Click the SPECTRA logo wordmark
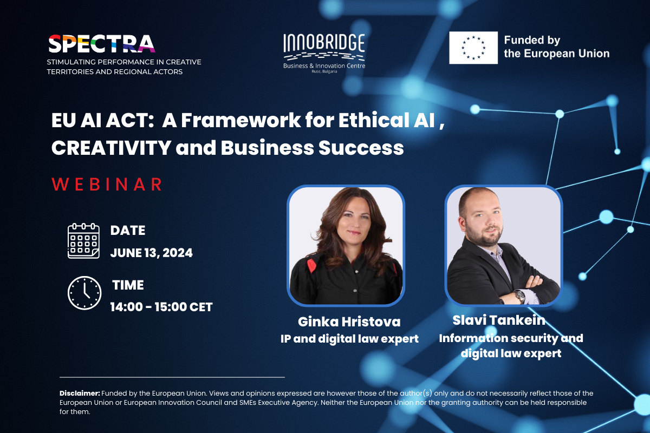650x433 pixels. pyautogui.click(x=102, y=44)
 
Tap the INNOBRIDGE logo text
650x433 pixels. pyautogui.click(x=324, y=43)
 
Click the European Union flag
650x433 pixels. pyautogui.click(x=473, y=48)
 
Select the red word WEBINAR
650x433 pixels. pyautogui.click(x=107, y=184)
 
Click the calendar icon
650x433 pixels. pyautogui.click(x=83, y=241)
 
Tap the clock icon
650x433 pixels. pyautogui.click(x=84, y=293)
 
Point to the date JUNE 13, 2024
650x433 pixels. pyautogui.click(x=151, y=253)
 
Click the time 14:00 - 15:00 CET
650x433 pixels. pyautogui.click(x=161, y=307)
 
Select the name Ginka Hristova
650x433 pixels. pyautogui.click(x=349, y=322)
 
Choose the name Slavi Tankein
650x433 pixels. pyautogui.click(x=499, y=320)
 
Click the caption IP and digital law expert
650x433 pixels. pyautogui.click(x=349, y=339)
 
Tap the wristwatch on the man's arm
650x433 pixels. pyautogui.click(x=521, y=297)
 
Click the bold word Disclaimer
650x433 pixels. pyautogui.click(x=80, y=393)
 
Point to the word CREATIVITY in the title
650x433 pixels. pyautogui.click(x=111, y=148)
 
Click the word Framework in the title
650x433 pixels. pyautogui.click(x=241, y=120)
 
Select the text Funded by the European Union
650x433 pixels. pyautogui.click(x=557, y=47)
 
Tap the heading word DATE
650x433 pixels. pyautogui.click(x=128, y=231)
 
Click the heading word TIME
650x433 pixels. pyautogui.click(x=128, y=285)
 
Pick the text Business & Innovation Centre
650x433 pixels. pyautogui.click(x=324, y=66)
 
